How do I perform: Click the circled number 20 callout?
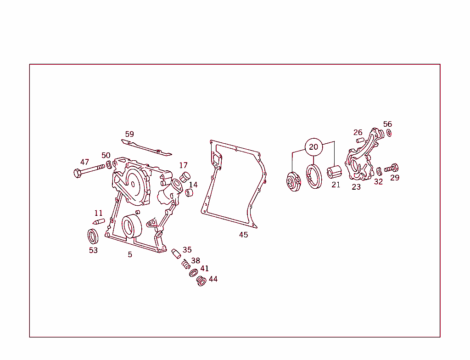click(313, 147)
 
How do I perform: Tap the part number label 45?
click(243, 235)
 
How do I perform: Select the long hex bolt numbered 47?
click(90, 170)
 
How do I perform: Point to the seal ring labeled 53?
click(93, 236)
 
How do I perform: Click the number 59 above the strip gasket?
click(129, 134)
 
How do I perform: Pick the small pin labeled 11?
click(99, 222)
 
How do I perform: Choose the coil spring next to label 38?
click(186, 264)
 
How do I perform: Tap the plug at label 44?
click(201, 281)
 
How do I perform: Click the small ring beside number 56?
click(389, 133)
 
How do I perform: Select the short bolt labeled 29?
click(391, 169)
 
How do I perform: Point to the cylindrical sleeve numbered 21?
click(334, 172)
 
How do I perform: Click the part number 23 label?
click(356, 187)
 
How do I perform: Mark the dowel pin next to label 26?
click(360, 140)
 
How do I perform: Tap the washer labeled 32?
click(379, 171)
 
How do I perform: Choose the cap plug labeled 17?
click(185, 177)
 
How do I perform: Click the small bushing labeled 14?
click(189, 193)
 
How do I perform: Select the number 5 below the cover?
click(130, 254)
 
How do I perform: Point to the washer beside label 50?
click(109, 165)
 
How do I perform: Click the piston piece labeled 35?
click(176, 253)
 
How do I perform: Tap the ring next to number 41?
click(193, 273)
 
